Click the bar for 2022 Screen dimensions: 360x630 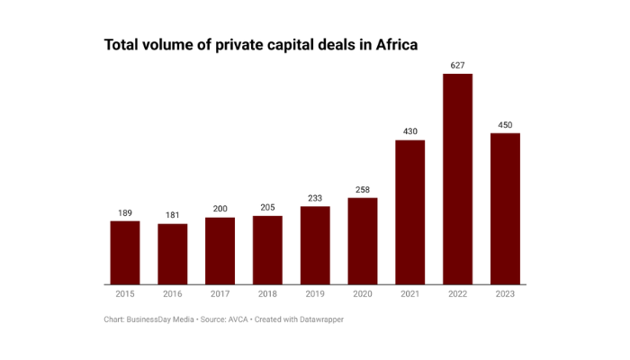[457, 179]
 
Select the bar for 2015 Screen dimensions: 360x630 [125, 252]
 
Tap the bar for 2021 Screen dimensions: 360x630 [409, 212]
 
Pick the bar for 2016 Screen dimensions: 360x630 [173, 254]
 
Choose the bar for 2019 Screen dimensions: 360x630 [315, 245]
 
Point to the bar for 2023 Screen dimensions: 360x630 [505, 209]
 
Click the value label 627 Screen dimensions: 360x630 [457, 65]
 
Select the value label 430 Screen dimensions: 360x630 [409, 131]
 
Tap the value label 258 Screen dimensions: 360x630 [363, 189]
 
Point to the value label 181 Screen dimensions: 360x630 [173, 215]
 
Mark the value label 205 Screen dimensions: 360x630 [267, 207]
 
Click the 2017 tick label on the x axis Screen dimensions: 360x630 [220, 294]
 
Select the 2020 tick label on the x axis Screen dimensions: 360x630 [363, 294]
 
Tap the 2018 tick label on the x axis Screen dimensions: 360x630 [267, 294]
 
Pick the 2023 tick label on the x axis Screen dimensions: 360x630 [505, 294]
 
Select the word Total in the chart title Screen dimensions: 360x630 [123, 44]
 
